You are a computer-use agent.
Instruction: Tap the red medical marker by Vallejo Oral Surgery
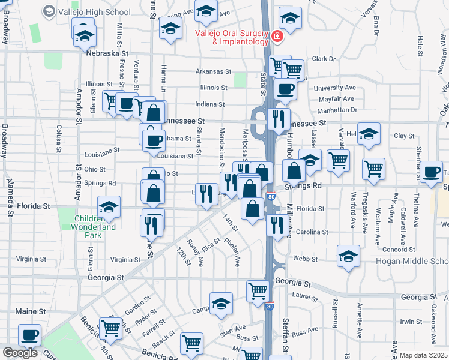(x=277, y=37)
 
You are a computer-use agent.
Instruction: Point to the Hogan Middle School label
(x=412, y=262)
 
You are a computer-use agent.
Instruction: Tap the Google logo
(x=20, y=353)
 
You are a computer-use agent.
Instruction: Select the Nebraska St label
(x=108, y=53)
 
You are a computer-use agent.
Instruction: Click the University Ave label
(x=335, y=88)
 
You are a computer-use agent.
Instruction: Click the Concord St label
(x=399, y=250)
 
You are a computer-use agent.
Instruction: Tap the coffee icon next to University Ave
(x=285, y=89)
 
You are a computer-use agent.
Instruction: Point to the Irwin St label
(x=412, y=322)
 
